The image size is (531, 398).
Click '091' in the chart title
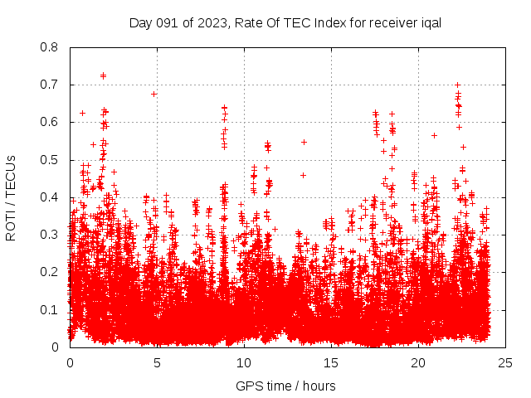click(x=166, y=22)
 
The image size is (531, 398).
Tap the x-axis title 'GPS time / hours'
click(x=286, y=386)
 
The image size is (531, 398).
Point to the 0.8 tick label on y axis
click(x=51, y=47)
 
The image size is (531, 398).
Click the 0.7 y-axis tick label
click(x=51, y=85)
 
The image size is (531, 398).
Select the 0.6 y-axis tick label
click(x=51, y=122)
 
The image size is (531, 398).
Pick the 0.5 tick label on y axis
click(x=51, y=160)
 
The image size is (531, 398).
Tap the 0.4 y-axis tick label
click(x=51, y=197)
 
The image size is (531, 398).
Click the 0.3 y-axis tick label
click(x=51, y=235)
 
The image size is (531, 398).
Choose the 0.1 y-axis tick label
click(x=51, y=310)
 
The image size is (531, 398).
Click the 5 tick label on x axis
click(x=157, y=362)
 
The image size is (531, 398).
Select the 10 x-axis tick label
click(x=244, y=362)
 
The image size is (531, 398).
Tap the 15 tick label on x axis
click(x=331, y=362)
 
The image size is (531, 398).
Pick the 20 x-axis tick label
click(x=418, y=362)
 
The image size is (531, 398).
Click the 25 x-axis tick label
click(x=505, y=362)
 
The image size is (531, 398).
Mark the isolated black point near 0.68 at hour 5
click(x=153, y=94)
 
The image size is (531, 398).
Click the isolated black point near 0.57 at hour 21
click(x=434, y=135)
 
